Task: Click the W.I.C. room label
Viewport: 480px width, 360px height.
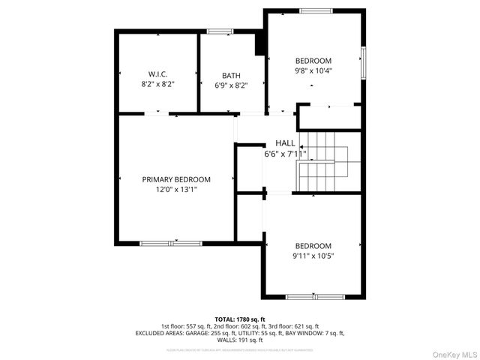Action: click(x=157, y=74)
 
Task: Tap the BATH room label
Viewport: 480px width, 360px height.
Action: click(x=231, y=75)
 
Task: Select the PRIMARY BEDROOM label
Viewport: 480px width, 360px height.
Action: click(x=176, y=180)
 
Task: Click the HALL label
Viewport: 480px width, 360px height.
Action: click(x=285, y=143)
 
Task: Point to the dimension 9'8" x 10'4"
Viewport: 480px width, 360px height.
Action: click(x=313, y=70)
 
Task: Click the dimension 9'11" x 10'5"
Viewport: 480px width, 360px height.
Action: click(x=313, y=256)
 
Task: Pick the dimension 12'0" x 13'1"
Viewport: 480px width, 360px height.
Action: click(x=176, y=190)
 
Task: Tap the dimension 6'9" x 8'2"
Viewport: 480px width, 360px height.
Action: click(x=230, y=85)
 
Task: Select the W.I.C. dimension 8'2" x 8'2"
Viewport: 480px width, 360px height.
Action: click(x=157, y=85)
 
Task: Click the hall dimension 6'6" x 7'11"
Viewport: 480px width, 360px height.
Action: click(x=285, y=154)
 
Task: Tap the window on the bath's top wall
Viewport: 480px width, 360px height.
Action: click(x=220, y=31)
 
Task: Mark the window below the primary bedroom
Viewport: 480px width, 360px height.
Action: click(x=170, y=243)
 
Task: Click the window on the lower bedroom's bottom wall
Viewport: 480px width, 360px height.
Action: click(x=314, y=296)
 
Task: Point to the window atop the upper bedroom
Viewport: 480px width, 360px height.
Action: click(x=313, y=10)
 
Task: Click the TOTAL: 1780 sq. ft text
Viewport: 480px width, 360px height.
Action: click(x=240, y=319)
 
